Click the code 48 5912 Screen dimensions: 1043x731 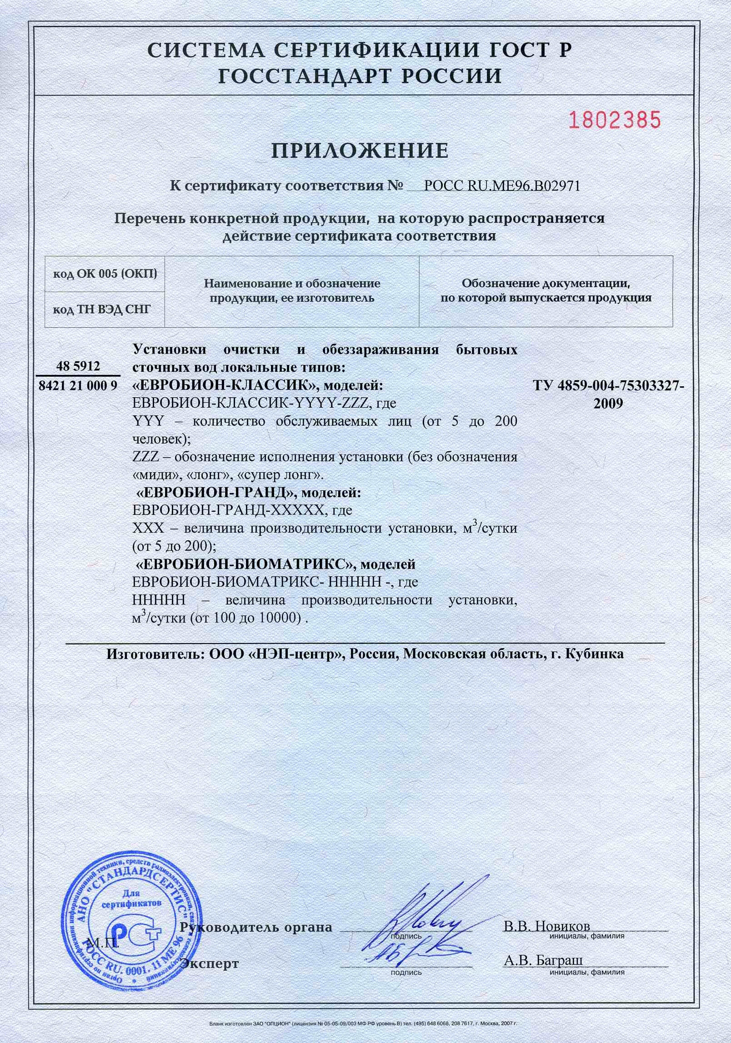[78, 366]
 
